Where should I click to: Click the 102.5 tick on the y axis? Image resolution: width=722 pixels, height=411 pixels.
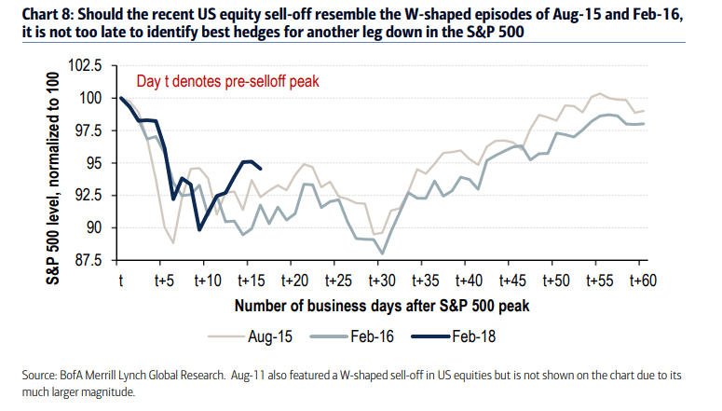click(85, 66)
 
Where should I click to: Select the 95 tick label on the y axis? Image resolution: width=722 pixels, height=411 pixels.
click(95, 163)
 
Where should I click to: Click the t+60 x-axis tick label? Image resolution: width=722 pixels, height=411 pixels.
click(639, 279)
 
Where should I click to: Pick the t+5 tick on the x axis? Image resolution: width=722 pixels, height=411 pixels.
click(164, 279)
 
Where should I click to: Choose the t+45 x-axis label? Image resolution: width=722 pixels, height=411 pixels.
click(510, 279)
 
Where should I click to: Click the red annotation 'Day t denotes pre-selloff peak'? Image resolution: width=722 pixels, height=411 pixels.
click(228, 81)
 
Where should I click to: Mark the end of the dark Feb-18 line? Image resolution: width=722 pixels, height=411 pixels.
click(260, 169)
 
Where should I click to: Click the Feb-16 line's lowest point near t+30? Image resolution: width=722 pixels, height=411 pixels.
click(381, 253)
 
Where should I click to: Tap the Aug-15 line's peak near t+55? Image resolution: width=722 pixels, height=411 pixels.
click(600, 93)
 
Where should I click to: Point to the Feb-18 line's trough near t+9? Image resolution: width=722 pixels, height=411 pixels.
click(199, 229)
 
